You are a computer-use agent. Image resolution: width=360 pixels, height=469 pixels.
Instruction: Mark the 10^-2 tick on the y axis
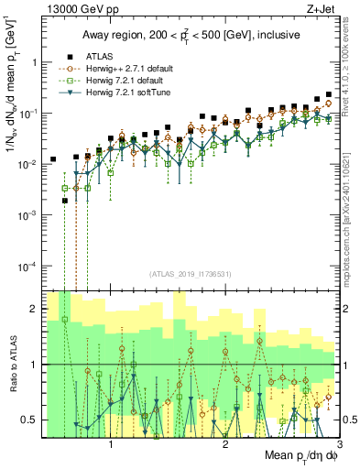click(27, 164)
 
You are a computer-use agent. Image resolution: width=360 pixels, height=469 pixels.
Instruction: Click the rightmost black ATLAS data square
click(328, 94)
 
